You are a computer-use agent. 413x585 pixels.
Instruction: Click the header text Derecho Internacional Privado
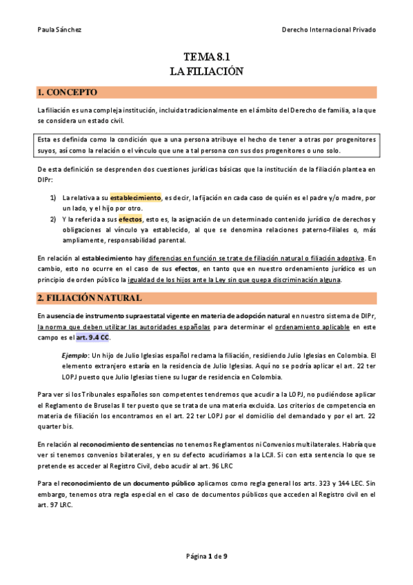(329, 30)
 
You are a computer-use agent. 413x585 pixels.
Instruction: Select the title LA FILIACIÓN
(206, 70)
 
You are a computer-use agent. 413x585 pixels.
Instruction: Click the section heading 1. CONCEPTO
(68, 92)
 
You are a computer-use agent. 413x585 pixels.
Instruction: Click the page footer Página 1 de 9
(206, 555)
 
